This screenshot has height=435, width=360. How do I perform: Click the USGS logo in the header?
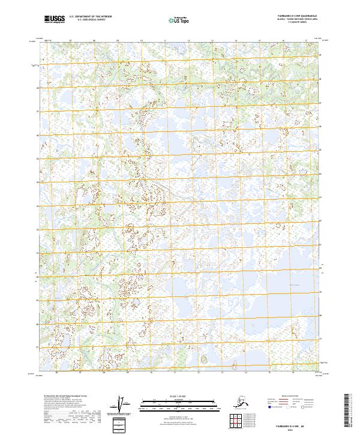click(55, 20)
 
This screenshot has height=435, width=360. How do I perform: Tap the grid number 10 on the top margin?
click(142, 41)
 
